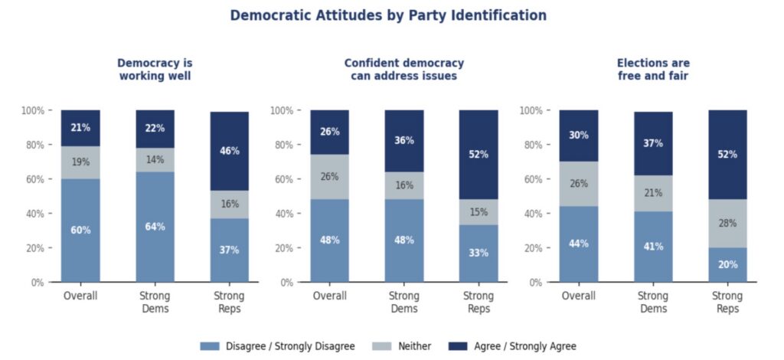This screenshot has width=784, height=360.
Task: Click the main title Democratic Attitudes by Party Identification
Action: tap(388, 15)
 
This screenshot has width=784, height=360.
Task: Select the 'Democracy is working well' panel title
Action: tap(155, 70)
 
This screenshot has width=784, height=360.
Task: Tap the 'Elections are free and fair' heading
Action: tap(653, 70)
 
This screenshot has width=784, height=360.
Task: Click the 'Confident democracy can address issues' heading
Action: tap(403, 70)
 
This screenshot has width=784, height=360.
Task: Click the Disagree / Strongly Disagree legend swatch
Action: tap(210, 346)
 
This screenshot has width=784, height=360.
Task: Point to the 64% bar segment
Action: tap(155, 227)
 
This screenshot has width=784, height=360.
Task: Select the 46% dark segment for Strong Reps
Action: tap(230, 152)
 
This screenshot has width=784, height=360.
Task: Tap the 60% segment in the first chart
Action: tap(80, 231)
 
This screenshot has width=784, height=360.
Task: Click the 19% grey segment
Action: tap(80, 162)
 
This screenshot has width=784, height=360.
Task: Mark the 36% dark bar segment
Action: tap(403, 141)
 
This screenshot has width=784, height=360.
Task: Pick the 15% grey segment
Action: tap(479, 212)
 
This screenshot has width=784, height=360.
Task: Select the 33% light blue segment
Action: tap(479, 254)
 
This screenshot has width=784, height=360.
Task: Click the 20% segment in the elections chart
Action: tap(727, 265)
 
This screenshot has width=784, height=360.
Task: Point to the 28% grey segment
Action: tap(727, 223)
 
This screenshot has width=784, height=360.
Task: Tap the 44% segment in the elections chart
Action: tap(578, 244)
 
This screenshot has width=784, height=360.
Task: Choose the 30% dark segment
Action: tap(578, 136)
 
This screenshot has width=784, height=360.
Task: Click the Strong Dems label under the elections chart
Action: tap(653, 302)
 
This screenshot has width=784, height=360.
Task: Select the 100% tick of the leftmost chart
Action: tap(31, 110)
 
